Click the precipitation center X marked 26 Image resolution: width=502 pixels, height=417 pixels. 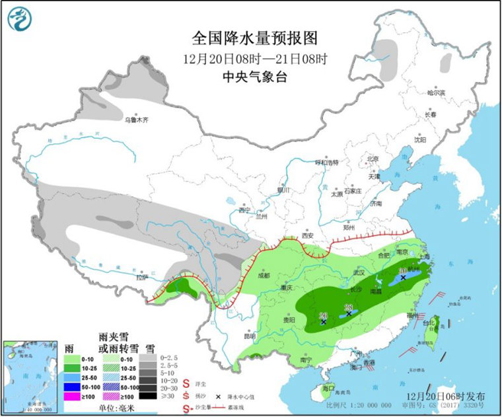coord(324,321)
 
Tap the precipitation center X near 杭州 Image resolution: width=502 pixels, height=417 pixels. coord(402,278)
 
